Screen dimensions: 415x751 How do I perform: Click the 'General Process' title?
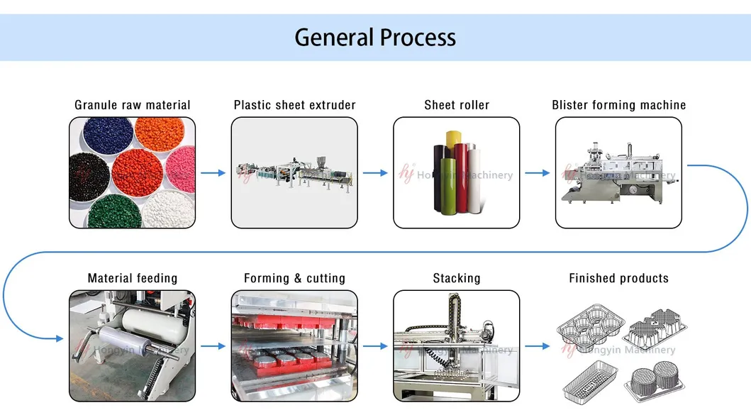click(375, 37)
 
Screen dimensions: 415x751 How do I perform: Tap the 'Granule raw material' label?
click(133, 105)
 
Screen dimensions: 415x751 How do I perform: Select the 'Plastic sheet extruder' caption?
click(294, 105)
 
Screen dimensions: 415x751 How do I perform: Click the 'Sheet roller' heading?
click(457, 105)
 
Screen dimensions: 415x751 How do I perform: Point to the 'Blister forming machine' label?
click(618, 105)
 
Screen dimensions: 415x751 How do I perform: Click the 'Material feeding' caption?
click(133, 278)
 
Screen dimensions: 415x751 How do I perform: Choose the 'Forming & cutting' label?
click(294, 278)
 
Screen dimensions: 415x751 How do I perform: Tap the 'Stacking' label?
click(457, 278)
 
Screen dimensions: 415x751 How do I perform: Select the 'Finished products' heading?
click(618, 278)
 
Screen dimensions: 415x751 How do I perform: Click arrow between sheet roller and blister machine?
click(537, 172)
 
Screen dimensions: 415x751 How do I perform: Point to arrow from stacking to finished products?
click(537, 346)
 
